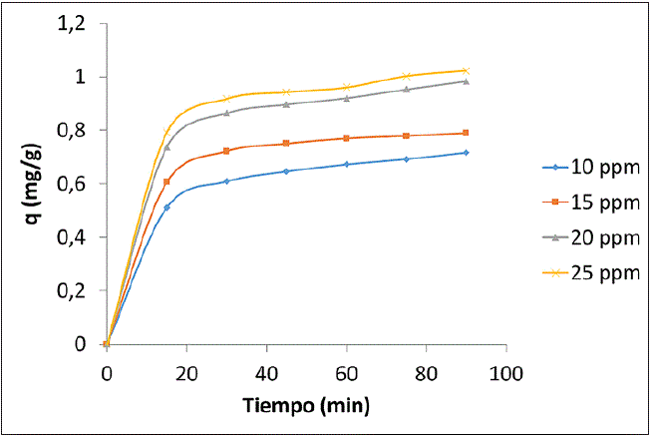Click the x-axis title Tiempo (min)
(x=306, y=405)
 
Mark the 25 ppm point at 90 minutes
(x=466, y=70)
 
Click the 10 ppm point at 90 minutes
(x=466, y=153)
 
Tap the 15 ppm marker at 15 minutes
(x=166, y=182)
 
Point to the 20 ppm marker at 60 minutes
(x=346, y=98)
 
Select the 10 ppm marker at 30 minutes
(x=226, y=181)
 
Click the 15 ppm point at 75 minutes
(x=406, y=136)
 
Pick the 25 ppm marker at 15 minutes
(x=166, y=132)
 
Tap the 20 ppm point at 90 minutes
(x=466, y=81)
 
